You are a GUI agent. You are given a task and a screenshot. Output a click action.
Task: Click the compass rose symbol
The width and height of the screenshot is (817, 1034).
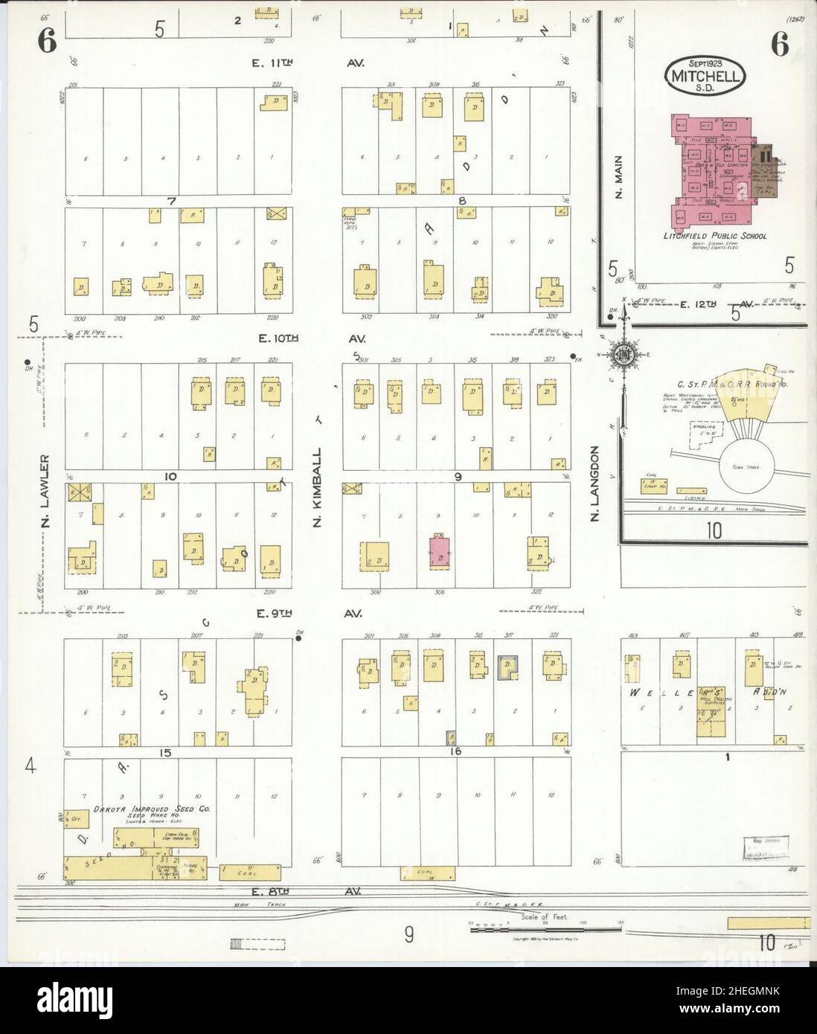[620, 356]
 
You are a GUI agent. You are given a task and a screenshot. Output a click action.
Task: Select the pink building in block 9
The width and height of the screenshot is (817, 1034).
[440, 550]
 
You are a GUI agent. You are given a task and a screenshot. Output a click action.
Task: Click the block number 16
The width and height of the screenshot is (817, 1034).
[455, 752]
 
